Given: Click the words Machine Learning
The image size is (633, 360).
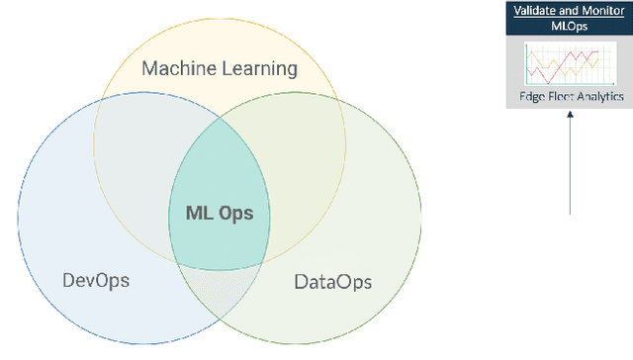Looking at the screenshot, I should [x=220, y=69].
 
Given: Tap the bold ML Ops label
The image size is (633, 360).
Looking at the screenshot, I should [x=221, y=213].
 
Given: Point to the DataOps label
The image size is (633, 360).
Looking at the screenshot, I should [x=333, y=282].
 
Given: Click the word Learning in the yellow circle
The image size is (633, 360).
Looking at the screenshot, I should [x=259, y=69].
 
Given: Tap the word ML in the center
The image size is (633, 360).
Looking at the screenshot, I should [x=198, y=213].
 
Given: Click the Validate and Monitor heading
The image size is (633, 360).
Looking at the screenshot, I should [x=569, y=10].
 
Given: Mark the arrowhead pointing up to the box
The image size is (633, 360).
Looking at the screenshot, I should [x=571, y=117].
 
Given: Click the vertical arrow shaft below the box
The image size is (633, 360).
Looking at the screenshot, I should [x=571, y=168].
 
